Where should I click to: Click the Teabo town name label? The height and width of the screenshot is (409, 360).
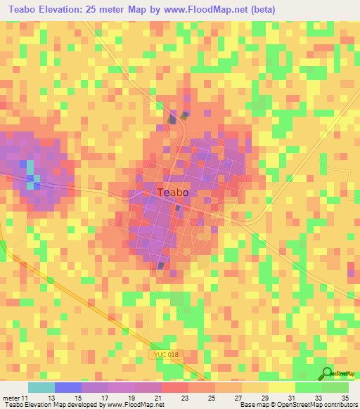point(173,193)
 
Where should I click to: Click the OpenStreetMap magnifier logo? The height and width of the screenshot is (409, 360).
point(328,374)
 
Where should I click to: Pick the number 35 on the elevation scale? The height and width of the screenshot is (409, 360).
point(345,398)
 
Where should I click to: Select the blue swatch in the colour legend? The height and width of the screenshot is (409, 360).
point(67,387)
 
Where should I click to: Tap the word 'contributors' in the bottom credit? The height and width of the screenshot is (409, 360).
point(340,405)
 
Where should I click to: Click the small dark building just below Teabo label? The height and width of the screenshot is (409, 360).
point(178,209)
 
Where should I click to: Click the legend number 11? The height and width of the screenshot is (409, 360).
point(26,398)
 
